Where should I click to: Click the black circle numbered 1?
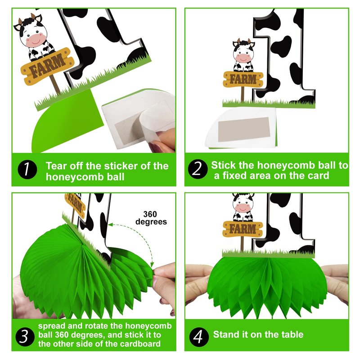pos(27,170)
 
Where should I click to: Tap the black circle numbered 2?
pos(198,169)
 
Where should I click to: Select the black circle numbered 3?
pos(25,337)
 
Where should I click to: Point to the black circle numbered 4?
pos(199,337)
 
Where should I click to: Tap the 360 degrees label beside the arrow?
pos(151,218)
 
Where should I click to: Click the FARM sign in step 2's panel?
pos(243,80)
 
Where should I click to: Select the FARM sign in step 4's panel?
pos(243,229)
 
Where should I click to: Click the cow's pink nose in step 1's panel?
pos(35,40)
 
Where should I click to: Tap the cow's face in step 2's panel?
pos(243,53)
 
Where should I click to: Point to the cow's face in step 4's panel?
pos(243,204)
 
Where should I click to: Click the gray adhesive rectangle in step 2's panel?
pos(244,129)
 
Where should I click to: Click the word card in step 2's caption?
pos(319,175)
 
